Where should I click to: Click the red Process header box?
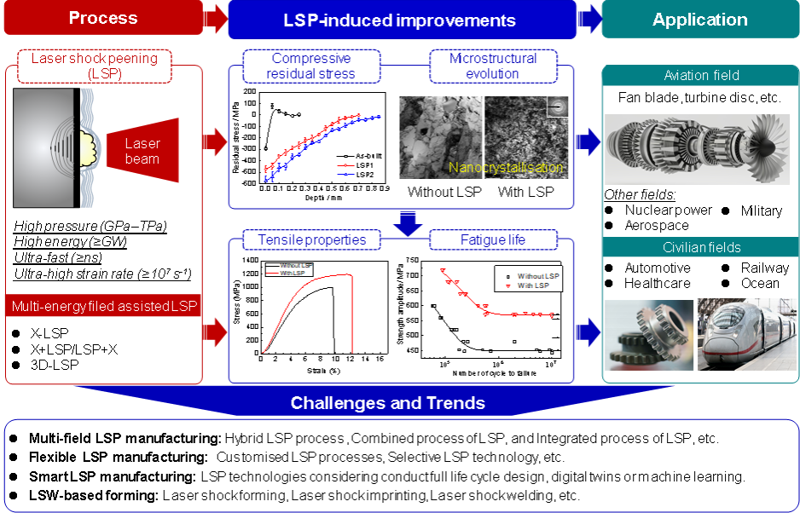coord(102,19)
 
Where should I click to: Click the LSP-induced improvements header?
coord(399,20)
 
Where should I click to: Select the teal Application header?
coord(699,20)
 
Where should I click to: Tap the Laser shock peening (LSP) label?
coord(95,65)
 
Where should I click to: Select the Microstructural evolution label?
coord(493,66)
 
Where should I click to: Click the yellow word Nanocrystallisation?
coord(507,168)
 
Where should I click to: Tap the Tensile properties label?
coord(311,239)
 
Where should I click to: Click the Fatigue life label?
coord(493,239)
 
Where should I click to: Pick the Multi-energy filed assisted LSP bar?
coord(103,306)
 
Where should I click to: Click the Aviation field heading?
coord(701,76)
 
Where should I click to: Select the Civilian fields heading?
coord(701,248)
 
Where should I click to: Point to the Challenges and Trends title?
coord(388,403)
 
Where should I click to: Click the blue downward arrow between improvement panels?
coord(410,223)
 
